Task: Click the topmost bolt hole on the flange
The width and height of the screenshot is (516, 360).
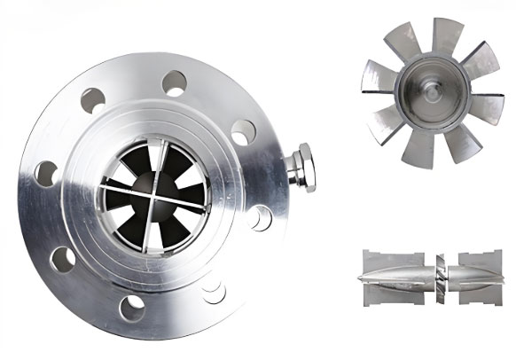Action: (x=174, y=84)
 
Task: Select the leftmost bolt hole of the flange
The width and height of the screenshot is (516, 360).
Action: (x=44, y=172)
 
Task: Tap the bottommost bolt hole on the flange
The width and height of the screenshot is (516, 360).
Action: (x=131, y=306)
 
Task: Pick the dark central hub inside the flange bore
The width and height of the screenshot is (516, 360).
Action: (x=152, y=186)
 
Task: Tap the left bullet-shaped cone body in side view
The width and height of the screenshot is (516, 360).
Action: (x=395, y=277)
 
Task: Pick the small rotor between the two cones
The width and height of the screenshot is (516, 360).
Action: (x=439, y=276)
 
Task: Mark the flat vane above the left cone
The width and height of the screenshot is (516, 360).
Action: (x=390, y=258)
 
